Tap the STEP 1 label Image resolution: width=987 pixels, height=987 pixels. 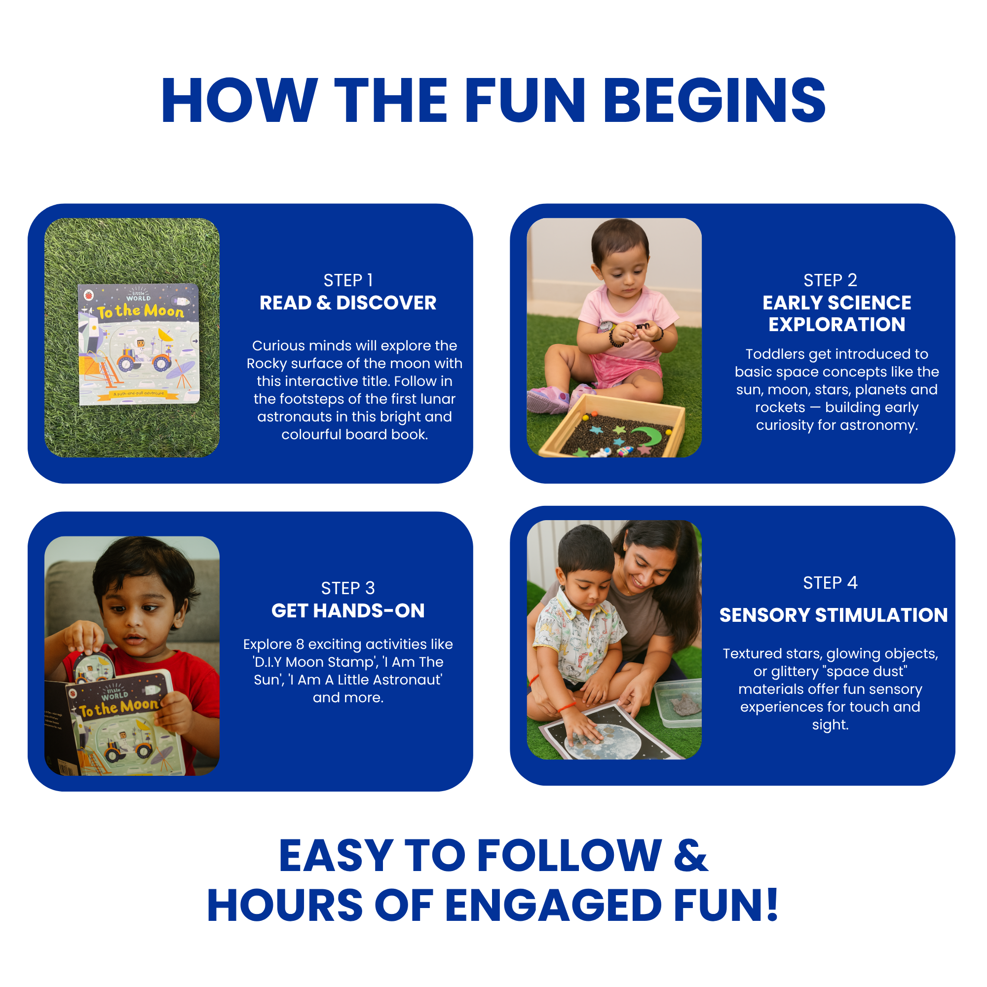tap(348, 280)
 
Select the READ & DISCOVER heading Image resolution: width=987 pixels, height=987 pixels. tap(348, 303)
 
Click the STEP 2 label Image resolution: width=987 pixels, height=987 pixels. tap(830, 280)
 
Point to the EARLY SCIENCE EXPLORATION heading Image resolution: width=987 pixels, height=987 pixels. tap(837, 314)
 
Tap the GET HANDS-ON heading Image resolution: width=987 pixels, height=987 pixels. tap(348, 610)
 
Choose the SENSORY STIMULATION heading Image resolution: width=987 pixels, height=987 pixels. tap(833, 615)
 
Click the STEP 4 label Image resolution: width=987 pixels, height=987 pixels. tap(830, 583)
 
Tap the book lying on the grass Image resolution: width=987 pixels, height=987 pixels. tap(139, 344)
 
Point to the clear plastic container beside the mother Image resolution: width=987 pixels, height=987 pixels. tap(678, 702)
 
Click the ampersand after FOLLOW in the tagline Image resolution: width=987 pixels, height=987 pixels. tap(691, 856)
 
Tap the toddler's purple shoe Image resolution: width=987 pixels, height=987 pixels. tap(548, 400)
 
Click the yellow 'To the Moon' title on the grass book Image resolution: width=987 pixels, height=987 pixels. tap(141, 311)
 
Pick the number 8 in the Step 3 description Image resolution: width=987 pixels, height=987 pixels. tap(301, 644)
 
